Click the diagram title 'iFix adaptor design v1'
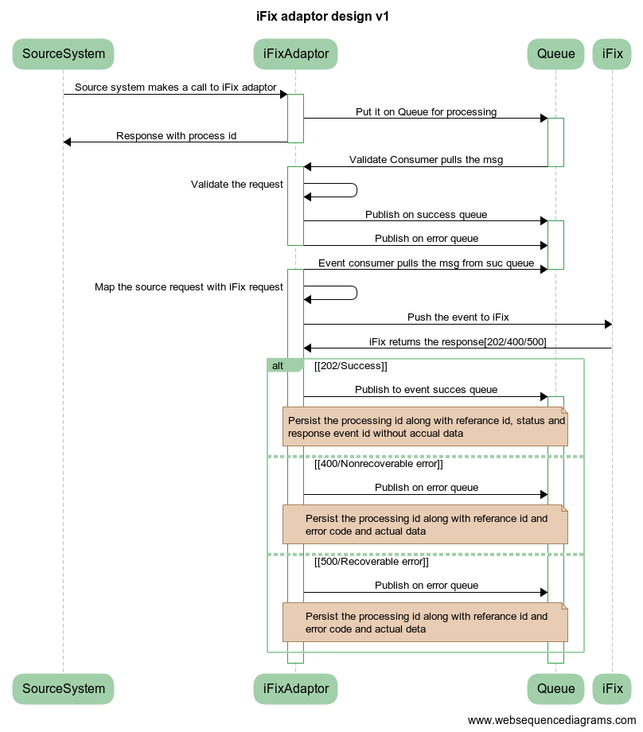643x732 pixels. (322, 16)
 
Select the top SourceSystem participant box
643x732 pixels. (64, 54)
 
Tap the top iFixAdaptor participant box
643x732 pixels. (296, 54)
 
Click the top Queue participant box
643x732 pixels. (555, 54)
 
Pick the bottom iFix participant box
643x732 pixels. (613, 689)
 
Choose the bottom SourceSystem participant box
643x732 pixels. (64, 689)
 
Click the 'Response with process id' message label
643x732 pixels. (176, 136)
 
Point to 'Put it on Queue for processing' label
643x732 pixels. (426, 112)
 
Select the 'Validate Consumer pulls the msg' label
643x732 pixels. (426, 160)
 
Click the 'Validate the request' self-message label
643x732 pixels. (237, 185)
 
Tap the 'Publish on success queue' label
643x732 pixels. (426, 215)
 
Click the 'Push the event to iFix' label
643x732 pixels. (458, 317)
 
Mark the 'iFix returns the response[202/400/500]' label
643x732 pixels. (458, 341)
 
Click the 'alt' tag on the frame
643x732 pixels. (278, 366)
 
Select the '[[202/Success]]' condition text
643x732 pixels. (351, 366)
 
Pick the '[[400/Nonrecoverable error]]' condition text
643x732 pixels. (379, 464)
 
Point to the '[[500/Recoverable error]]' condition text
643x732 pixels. (372, 562)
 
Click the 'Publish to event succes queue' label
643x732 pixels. (426, 390)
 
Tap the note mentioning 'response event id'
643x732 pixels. (426, 426)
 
